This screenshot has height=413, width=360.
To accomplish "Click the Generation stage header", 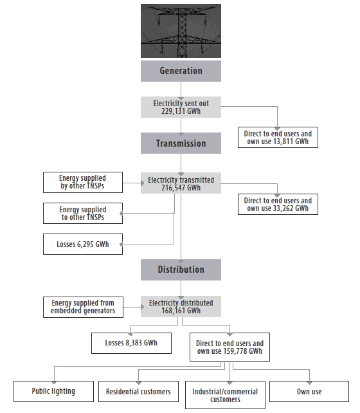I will click(181, 71).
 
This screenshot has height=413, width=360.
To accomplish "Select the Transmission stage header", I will click(181, 143).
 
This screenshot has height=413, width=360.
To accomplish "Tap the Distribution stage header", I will click(181, 270).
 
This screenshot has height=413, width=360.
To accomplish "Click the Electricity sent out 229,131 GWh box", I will click(181, 107).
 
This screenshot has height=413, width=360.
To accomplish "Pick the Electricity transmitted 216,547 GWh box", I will click(181, 184).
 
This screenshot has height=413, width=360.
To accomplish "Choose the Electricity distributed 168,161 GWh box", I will click(181, 306).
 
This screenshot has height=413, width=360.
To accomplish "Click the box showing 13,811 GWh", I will click(278, 138).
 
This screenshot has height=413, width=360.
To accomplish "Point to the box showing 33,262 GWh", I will click(278, 205).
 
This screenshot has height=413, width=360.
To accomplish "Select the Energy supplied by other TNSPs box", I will click(82, 182).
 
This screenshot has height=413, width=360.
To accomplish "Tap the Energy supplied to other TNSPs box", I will click(82, 213).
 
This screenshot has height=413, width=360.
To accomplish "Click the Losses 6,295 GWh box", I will click(82, 244).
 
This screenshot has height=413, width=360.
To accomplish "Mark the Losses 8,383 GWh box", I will click(131, 344).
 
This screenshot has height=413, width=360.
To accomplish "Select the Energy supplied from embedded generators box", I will click(82, 307).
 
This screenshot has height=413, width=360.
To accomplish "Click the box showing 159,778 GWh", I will click(230, 348).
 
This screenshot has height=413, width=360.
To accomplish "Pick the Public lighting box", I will click(53, 391).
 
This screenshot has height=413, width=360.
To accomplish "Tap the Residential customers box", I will click(138, 391).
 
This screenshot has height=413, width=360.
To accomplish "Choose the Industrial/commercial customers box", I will click(225, 395).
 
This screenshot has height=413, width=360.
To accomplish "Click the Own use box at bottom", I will click(309, 391).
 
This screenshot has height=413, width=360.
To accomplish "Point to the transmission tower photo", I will click(181, 31).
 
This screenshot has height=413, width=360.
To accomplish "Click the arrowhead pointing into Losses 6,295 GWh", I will click(125, 244).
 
